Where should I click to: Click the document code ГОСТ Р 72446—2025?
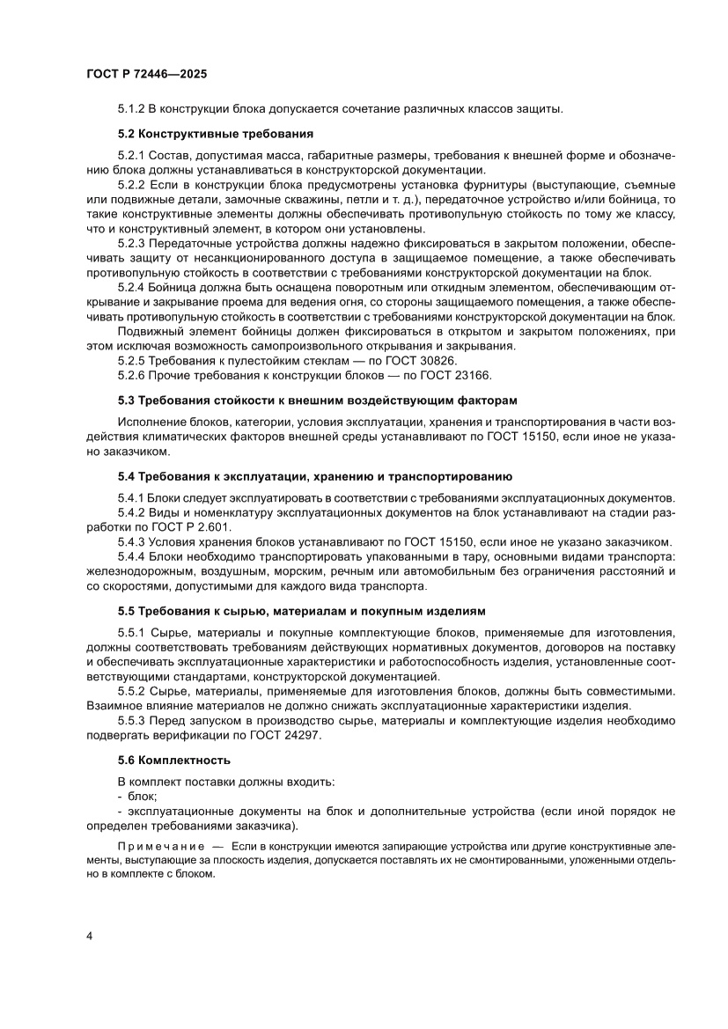pos(147,76)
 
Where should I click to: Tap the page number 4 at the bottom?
pos(90,936)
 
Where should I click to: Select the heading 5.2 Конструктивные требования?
pos(216,134)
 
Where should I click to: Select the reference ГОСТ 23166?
pos(439,374)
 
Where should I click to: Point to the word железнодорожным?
pos(135,571)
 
